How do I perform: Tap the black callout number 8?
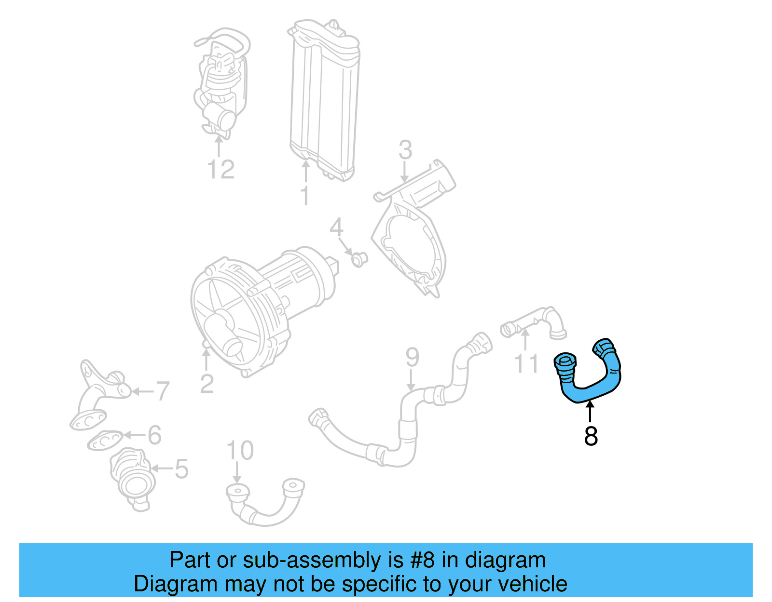[591, 436]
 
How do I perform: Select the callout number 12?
[221, 170]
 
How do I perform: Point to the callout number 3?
[405, 150]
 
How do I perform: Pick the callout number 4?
[336, 227]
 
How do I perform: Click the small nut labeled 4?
[358, 259]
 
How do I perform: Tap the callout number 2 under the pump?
[207, 384]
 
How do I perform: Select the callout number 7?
[162, 391]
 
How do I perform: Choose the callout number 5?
[181, 468]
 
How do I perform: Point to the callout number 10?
[240, 451]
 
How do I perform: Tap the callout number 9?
[412, 357]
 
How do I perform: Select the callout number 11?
[526, 363]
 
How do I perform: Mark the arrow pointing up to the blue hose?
[590, 412]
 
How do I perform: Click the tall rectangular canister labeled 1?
[323, 96]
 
